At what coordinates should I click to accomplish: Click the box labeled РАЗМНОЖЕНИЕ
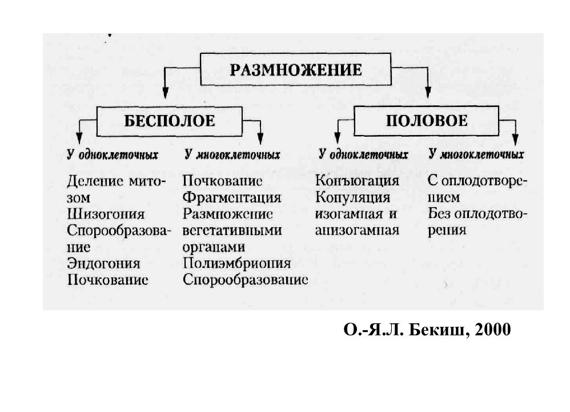[x=295, y=69]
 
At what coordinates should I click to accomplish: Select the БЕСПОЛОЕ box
[x=170, y=121]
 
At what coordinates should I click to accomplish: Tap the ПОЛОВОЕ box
[x=427, y=121]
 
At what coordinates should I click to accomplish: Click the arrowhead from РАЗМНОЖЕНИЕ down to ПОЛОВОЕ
[x=428, y=93]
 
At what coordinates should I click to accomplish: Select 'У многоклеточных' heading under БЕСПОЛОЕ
[x=232, y=155]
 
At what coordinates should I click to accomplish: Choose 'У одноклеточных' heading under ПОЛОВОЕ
[x=363, y=154]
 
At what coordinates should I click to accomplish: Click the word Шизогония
[x=106, y=214]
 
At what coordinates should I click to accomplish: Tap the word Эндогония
[x=103, y=263]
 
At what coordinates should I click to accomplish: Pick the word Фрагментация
[x=232, y=198]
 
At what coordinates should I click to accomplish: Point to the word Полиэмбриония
[x=236, y=263]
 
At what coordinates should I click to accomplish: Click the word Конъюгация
[x=358, y=181]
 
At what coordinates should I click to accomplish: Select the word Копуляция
[x=352, y=197]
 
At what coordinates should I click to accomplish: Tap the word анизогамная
[x=357, y=231]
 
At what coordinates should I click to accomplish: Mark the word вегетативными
[x=232, y=231]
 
